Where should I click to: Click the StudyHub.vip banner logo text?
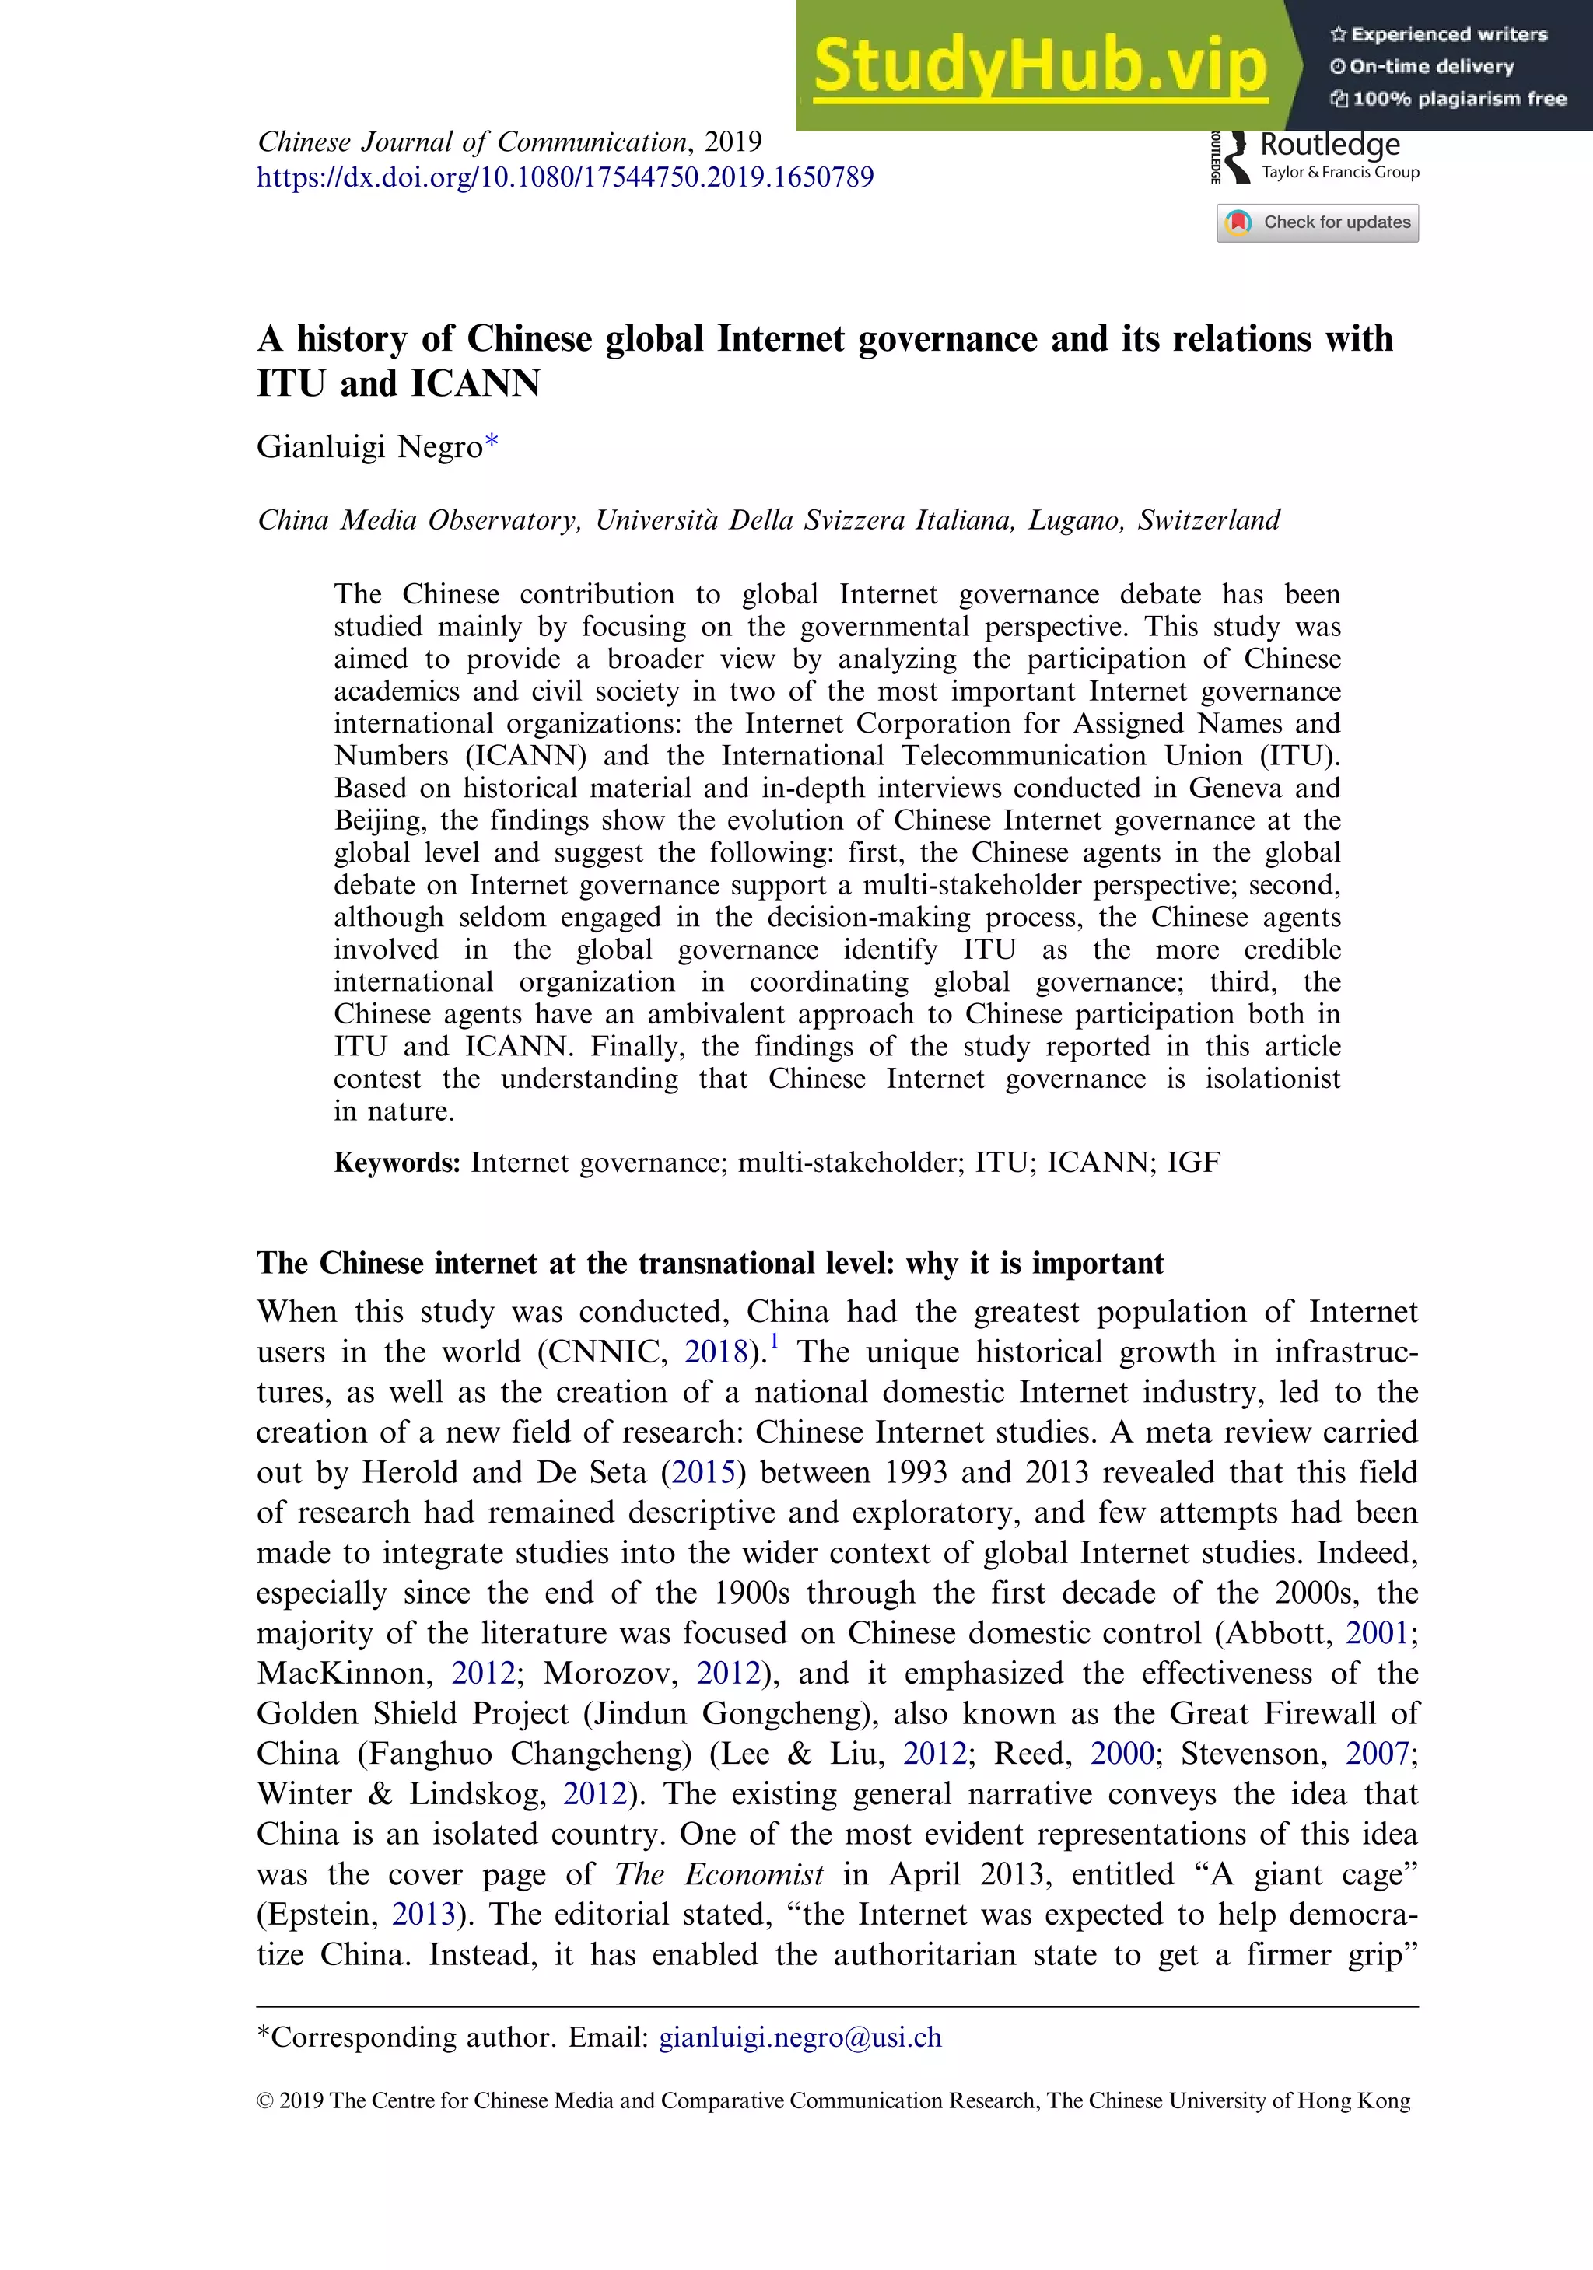point(1039,66)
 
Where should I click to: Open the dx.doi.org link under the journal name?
point(565,177)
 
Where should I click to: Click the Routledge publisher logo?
point(1315,156)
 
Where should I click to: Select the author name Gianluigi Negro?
point(369,447)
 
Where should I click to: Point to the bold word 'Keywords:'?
point(397,1163)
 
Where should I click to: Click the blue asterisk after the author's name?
point(492,443)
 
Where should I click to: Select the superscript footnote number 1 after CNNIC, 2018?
point(774,1341)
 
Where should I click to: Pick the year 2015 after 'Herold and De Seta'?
point(704,1472)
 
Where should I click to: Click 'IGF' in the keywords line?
point(1193,1163)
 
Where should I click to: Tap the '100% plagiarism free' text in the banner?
point(1458,99)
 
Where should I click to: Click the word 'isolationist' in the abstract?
point(1272,1079)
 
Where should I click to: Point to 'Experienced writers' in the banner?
point(1448,34)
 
